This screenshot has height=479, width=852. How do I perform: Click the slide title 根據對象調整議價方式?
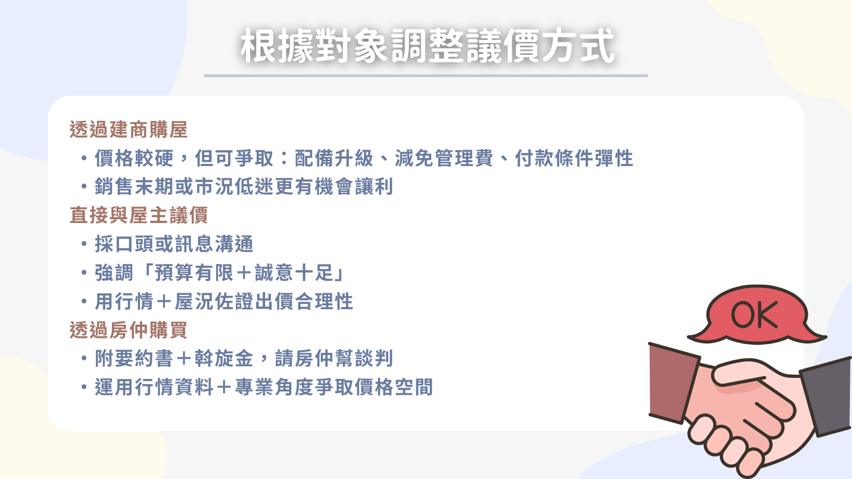(x=427, y=46)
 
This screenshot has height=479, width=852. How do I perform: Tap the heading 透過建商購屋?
(x=128, y=130)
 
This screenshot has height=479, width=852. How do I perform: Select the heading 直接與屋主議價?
(x=138, y=215)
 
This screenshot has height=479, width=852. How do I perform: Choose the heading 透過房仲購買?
(x=128, y=329)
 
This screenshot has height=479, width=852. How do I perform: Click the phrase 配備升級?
(x=334, y=158)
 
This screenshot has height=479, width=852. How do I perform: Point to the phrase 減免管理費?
(x=444, y=158)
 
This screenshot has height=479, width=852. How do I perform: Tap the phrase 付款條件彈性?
(x=574, y=158)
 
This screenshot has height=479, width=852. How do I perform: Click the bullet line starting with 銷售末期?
(x=243, y=187)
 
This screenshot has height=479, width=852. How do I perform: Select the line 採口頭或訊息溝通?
(x=174, y=244)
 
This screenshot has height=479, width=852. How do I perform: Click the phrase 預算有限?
(x=194, y=272)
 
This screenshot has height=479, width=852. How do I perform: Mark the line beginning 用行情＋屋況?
(x=224, y=301)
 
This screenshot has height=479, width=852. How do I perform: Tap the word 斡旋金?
(x=224, y=359)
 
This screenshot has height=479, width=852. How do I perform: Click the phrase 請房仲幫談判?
(x=334, y=359)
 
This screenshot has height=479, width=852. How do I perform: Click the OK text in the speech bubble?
(x=755, y=315)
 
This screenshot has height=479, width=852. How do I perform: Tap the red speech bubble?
(x=757, y=315)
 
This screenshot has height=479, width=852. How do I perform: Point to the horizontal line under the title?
(x=425, y=76)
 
